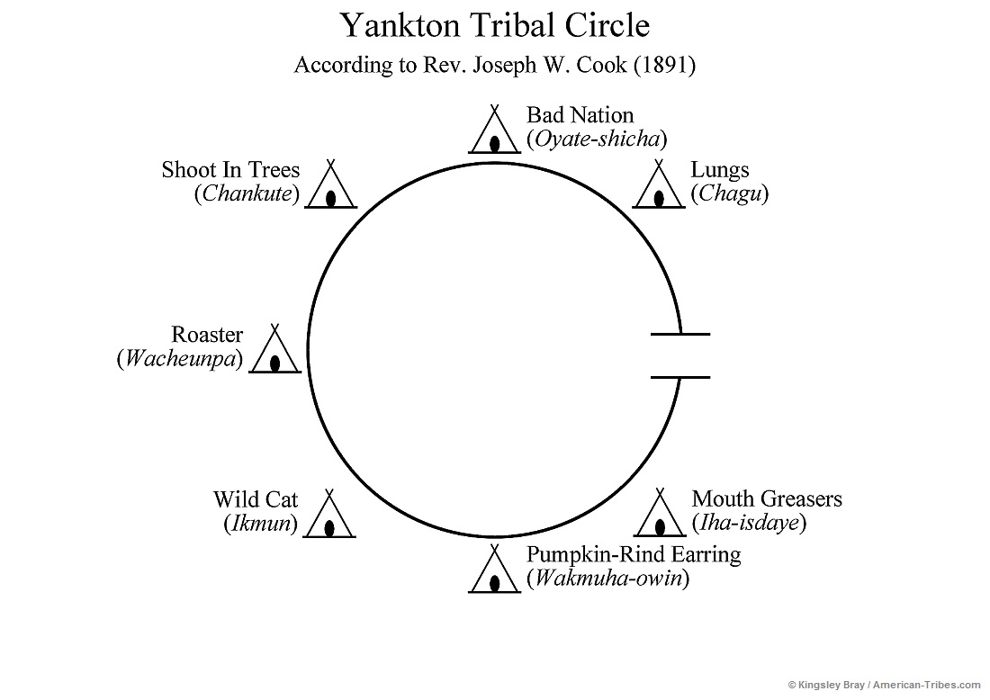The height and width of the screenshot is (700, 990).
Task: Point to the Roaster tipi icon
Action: point(274,352)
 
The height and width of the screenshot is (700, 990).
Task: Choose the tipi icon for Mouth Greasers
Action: point(660,516)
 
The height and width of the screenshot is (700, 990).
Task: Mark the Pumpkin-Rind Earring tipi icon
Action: point(495,571)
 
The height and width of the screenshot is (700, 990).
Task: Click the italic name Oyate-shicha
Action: point(597,139)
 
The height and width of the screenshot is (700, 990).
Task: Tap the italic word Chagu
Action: point(730,193)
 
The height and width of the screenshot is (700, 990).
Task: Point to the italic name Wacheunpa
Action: point(180,359)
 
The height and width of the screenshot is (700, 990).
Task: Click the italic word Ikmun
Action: point(260,524)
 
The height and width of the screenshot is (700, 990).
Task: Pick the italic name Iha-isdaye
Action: point(749,523)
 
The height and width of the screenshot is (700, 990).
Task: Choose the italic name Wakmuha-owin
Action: point(608,579)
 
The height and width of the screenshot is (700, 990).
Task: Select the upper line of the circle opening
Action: point(679,334)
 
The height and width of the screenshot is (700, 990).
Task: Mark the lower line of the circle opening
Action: point(679,377)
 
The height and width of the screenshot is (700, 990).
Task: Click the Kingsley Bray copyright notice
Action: point(886,686)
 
